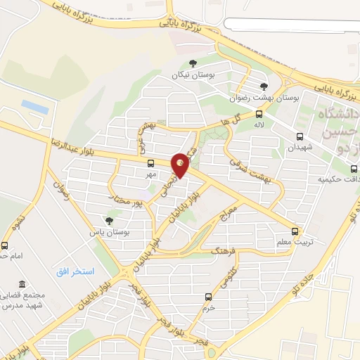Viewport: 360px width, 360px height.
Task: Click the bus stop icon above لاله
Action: point(259,113)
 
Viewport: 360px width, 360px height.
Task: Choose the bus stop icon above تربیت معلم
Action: point(295,231)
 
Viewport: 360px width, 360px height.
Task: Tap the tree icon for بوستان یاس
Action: point(108,220)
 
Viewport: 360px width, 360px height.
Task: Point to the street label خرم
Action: point(208,307)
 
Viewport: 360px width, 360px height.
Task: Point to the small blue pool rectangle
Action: point(34,105)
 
